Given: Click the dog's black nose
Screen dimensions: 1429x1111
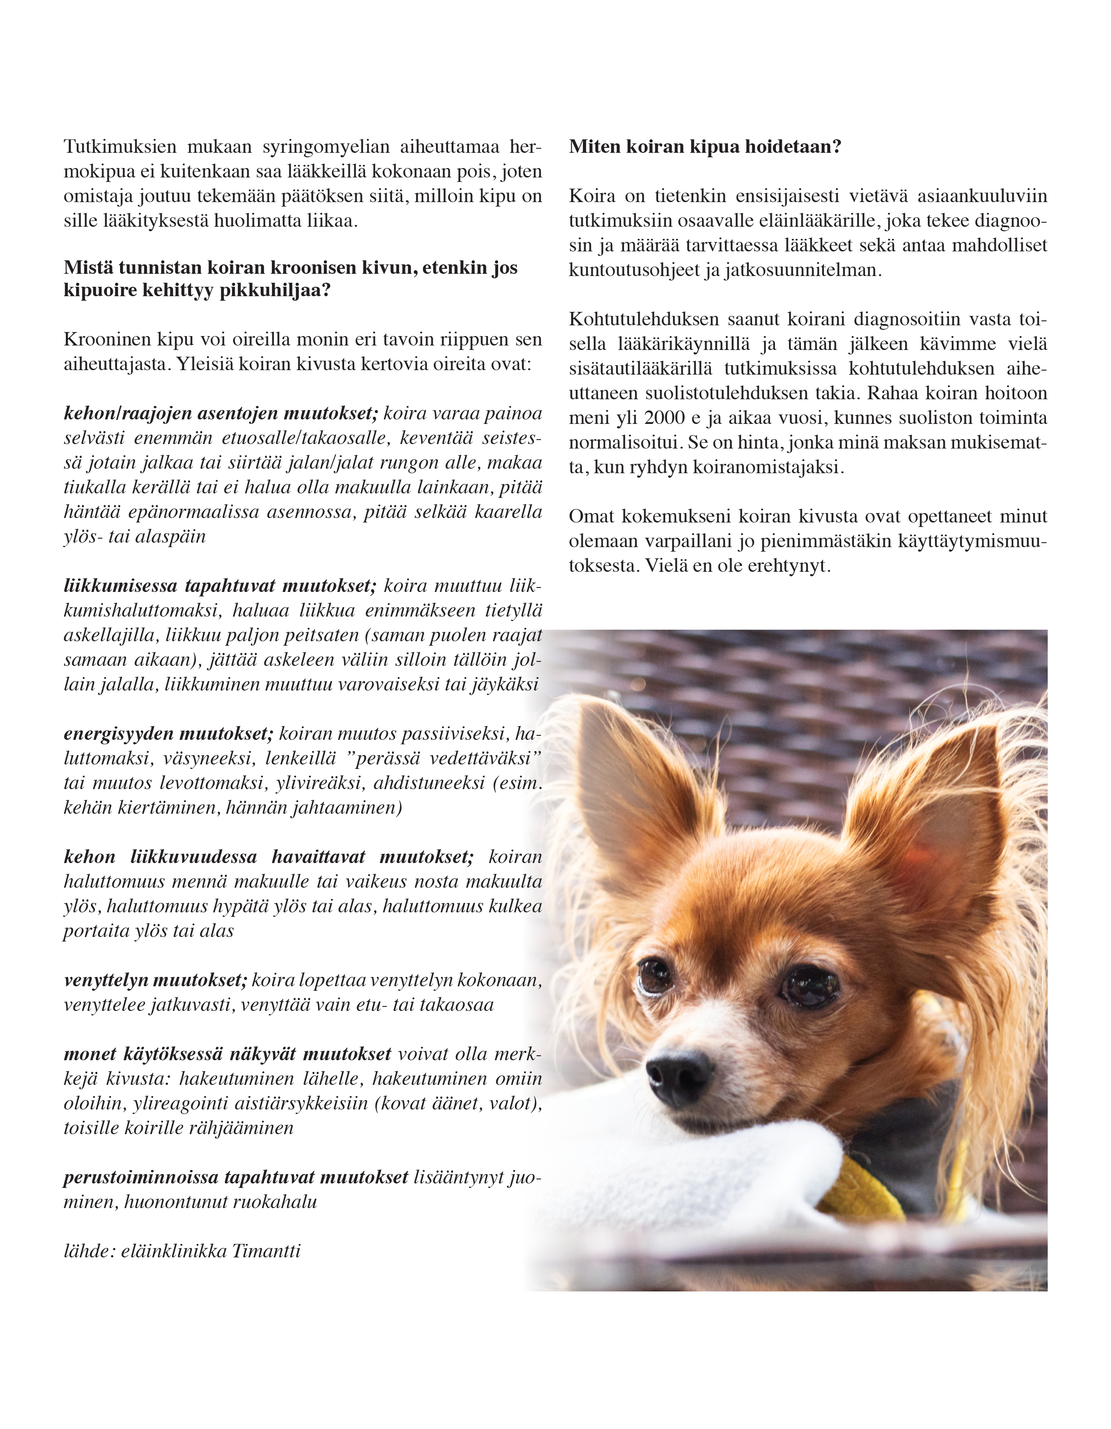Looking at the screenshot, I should tap(678, 1071).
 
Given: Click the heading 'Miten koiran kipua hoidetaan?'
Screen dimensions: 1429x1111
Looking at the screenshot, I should tap(705, 147).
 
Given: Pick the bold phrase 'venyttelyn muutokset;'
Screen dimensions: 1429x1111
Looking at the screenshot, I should tap(155, 980).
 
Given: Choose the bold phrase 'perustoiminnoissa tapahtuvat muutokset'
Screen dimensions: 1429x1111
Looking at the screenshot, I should tap(236, 1177).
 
